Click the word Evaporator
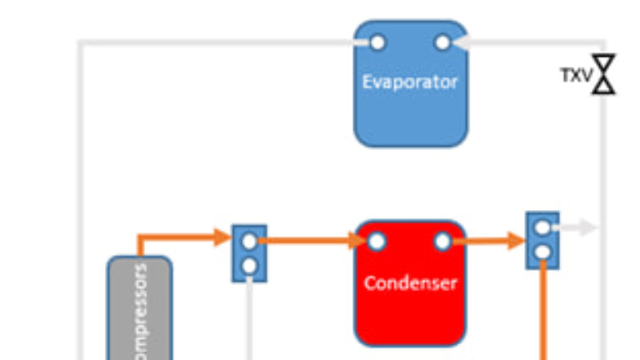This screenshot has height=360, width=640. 410,82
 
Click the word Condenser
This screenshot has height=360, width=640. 410,282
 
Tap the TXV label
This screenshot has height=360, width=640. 575,76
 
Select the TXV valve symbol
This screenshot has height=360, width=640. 604,74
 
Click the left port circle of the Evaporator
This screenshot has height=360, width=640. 377,42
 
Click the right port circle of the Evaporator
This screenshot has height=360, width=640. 442,42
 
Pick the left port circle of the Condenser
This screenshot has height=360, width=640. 377,242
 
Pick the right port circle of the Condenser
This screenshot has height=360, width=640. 442,242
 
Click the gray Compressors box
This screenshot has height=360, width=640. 139,308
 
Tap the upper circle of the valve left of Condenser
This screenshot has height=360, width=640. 249,242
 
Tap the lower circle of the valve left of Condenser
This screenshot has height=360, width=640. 249,266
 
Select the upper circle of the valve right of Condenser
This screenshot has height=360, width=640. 542,227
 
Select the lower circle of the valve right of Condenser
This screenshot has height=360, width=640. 542,252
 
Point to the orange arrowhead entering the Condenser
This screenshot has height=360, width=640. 358,242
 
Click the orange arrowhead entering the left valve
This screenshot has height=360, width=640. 222,237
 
